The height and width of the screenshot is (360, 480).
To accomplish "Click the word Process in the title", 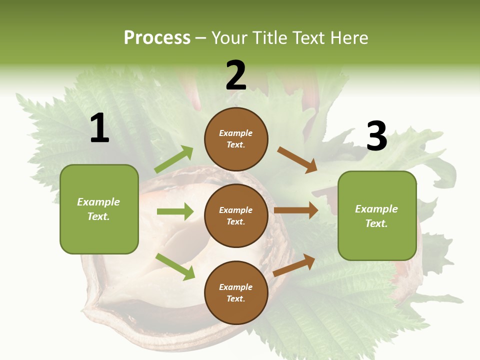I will [157, 37].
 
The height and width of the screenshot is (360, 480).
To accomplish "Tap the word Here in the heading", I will [349, 37].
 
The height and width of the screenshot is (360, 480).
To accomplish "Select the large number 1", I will [99, 128].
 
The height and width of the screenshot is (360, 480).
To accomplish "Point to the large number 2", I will [236, 75].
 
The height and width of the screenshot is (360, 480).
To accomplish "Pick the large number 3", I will [376, 136].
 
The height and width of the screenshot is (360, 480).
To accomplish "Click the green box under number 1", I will [99, 209].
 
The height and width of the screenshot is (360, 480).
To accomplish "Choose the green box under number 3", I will [377, 215].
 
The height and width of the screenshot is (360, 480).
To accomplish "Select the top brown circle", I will [236, 139].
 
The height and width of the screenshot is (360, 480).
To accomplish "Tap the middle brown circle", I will [236, 215].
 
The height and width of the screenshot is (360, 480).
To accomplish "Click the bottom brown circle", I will [236, 292].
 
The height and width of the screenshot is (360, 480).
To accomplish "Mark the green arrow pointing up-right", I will [173, 159].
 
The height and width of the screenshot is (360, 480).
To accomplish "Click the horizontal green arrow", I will [175, 211].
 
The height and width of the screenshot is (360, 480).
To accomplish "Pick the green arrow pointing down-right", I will [175, 266].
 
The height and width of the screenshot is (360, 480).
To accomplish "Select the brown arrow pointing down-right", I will [297, 159].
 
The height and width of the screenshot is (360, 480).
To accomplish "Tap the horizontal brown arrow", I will [296, 210].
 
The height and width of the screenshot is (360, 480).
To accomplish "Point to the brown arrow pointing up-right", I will [294, 265].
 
